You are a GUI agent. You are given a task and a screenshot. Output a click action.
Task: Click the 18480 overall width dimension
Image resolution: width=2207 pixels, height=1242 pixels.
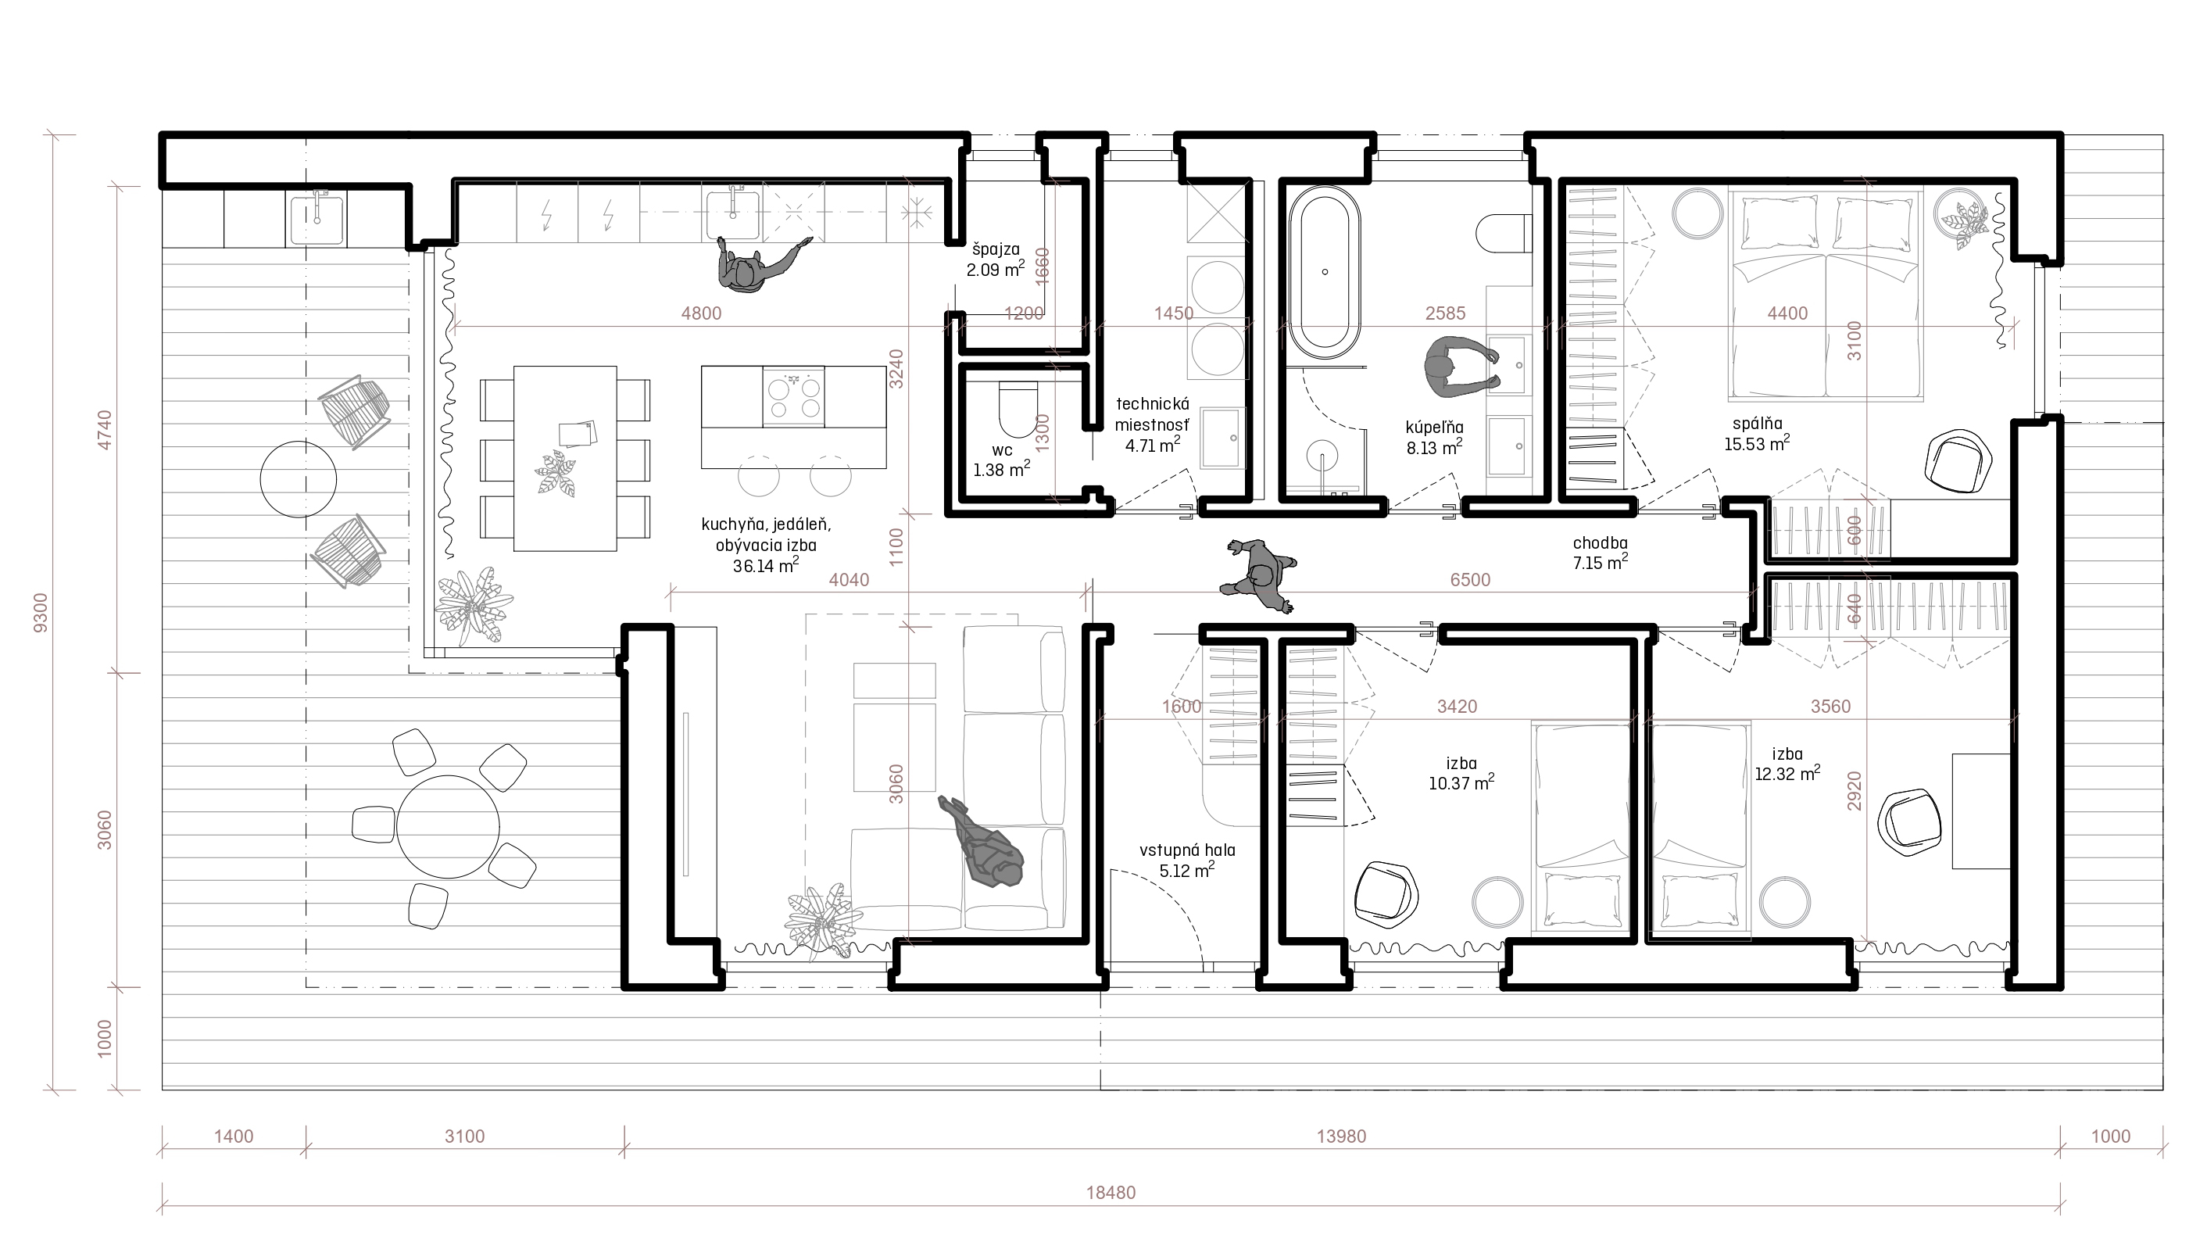click(1111, 1192)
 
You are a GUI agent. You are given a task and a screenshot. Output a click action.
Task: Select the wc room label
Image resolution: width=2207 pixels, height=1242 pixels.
click(1002, 451)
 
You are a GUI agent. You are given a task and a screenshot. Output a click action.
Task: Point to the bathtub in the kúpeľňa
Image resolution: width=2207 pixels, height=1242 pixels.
click(1325, 273)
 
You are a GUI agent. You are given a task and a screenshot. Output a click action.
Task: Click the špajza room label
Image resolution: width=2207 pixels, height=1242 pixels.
click(996, 249)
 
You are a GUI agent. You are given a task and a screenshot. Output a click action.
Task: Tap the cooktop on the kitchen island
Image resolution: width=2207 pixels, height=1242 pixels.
click(793, 397)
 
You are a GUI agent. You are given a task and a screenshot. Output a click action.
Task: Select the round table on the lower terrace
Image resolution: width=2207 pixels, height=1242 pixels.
click(447, 826)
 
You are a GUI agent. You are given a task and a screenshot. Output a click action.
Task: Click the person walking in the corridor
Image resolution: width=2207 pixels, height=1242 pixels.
click(1258, 575)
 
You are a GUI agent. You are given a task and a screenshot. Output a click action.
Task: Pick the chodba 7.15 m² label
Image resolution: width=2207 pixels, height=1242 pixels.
click(1601, 553)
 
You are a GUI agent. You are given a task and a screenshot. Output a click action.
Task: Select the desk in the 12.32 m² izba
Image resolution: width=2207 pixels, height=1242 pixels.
click(1981, 811)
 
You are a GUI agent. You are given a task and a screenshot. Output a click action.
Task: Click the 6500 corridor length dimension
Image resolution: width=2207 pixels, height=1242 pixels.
click(1470, 580)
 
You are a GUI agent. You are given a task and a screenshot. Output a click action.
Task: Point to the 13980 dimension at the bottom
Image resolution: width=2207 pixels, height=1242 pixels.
click(1341, 1136)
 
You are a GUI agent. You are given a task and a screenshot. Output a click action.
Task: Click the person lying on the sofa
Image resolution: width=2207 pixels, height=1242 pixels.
click(982, 843)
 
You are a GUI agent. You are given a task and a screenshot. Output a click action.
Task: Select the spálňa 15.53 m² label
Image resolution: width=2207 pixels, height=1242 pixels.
click(1757, 434)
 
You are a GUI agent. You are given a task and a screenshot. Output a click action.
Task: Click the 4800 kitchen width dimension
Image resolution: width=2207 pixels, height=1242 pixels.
click(701, 313)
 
